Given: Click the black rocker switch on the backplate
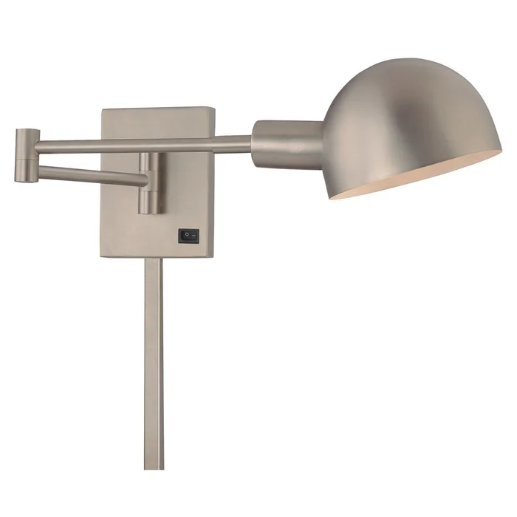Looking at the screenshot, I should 188,236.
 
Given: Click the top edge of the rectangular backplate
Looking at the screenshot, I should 157,109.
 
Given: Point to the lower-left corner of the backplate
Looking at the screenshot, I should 103,255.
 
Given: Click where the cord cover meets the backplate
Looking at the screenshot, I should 154,258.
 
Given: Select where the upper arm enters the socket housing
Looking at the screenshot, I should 253,142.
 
